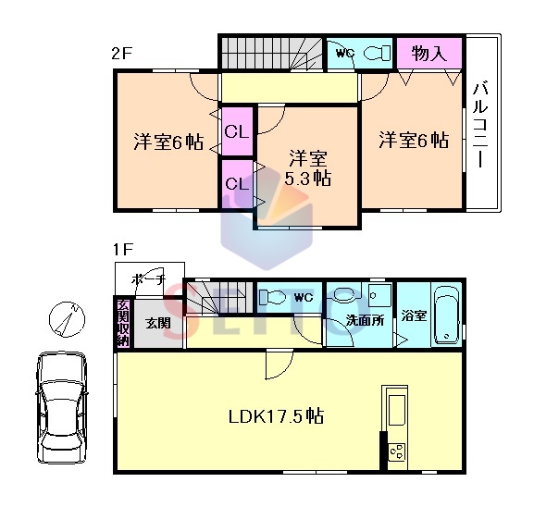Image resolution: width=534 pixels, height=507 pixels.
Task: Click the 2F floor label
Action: [121, 54]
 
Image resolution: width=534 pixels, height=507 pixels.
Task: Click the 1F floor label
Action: [123, 250]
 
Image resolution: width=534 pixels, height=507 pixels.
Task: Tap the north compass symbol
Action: [67, 319]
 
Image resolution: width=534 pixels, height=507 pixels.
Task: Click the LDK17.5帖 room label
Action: [276, 416]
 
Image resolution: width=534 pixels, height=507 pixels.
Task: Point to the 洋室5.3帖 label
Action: [308, 167]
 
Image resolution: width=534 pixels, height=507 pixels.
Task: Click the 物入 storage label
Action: [428, 53]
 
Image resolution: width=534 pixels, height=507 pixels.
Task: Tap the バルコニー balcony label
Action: [480, 125]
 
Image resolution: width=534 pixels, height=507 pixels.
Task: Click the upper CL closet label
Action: [237, 131]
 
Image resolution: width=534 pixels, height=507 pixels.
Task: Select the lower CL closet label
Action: [237, 184]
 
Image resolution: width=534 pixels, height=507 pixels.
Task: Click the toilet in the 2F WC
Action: [377, 54]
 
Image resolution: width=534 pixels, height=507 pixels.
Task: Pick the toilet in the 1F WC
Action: [272, 297]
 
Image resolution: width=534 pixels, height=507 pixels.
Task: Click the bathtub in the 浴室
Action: [446, 315]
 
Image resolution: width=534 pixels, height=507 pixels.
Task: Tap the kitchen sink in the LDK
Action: [397, 410]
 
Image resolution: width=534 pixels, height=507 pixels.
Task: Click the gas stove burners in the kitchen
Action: [397, 451]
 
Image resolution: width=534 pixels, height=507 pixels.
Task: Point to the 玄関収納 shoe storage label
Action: [123, 323]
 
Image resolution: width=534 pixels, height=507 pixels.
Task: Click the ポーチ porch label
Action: [148, 280]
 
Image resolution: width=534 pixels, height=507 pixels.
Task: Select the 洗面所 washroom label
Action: [365, 320]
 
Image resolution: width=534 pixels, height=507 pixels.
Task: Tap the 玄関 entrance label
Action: [157, 323]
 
